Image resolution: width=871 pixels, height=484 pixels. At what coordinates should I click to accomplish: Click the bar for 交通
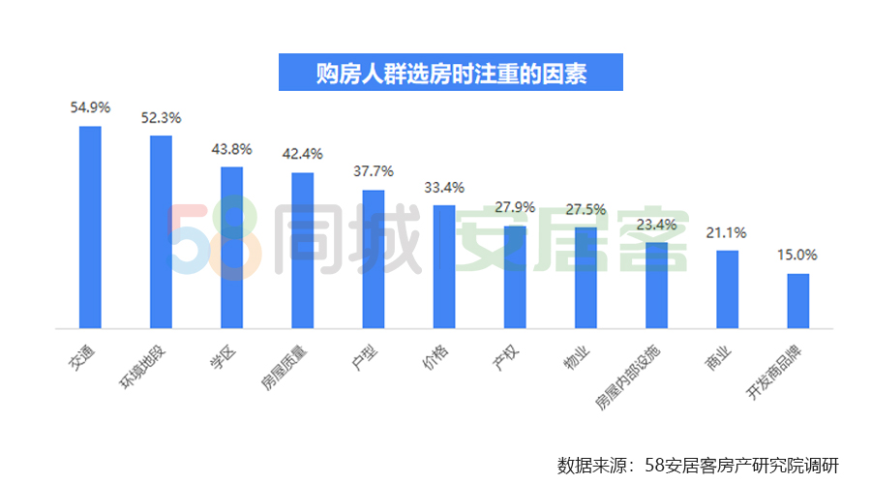90,227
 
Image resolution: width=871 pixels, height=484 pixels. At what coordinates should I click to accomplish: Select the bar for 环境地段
161,232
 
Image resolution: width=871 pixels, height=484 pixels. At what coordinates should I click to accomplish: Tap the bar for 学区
232,248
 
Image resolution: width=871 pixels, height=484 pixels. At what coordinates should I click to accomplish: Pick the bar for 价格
444,267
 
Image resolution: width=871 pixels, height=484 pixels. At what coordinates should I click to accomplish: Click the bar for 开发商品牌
797,301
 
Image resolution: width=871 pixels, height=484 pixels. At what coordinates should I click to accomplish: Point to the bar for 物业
586,278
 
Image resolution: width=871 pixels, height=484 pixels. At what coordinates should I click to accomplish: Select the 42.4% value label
302,153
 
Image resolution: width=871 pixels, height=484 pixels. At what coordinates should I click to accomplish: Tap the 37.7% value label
374,170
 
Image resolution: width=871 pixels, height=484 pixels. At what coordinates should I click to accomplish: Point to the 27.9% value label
515,207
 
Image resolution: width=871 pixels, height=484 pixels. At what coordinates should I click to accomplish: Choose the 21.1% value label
727,232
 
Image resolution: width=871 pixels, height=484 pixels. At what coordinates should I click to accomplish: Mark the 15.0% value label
797,256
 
